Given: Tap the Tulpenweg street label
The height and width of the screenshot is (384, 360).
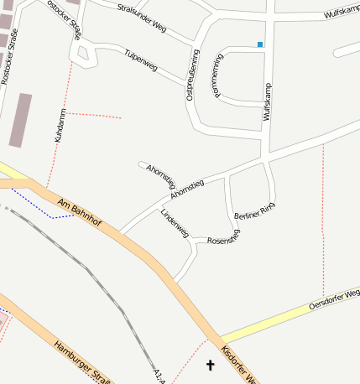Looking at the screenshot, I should point(140,58).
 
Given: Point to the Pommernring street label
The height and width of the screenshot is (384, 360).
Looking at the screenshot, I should point(218,75).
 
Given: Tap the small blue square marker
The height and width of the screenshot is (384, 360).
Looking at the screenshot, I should point(260,44).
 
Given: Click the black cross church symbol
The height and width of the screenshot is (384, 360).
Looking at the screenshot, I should point(210,365).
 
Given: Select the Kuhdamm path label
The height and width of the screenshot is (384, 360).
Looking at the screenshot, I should point(60,124).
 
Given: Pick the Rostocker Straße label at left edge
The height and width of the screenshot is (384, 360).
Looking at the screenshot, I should point(9,54).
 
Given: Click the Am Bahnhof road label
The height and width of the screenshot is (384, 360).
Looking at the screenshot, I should point(80,213).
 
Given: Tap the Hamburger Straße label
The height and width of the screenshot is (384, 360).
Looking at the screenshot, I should point(82,361).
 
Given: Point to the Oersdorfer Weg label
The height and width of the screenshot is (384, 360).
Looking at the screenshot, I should point(334,298).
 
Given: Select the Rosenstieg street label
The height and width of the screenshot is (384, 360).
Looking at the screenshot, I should point(223,238).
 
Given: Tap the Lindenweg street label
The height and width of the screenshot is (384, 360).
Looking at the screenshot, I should point(175,222).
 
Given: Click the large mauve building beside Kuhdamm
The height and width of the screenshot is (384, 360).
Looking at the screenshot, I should point(20,120).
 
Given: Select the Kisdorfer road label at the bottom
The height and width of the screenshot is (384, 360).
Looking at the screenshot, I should point(237,364).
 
